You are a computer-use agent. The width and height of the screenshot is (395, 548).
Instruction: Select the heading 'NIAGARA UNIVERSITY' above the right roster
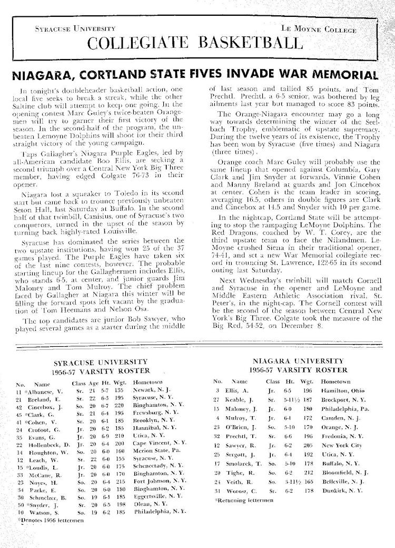coord(298,361)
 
